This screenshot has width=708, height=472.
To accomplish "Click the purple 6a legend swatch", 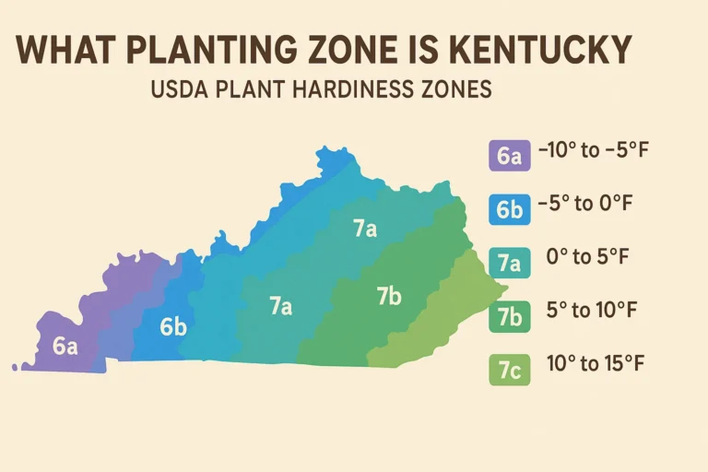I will pyautogui.click(x=508, y=155).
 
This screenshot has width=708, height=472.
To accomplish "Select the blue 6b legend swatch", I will pyautogui.click(x=508, y=209).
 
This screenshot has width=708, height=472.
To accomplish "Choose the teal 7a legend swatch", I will pyautogui.click(x=508, y=264).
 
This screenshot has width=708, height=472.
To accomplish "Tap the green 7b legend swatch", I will pyautogui.click(x=508, y=316).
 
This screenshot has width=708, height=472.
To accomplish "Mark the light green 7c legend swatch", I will pyautogui.click(x=508, y=370).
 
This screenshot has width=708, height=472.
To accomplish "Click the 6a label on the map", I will pyautogui.click(x=65, y=347).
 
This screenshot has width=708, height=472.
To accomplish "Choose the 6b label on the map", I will pyautogui.click(x=172, y=326).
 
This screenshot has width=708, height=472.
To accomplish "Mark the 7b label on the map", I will pyautogui.click(x=389, y=297).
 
